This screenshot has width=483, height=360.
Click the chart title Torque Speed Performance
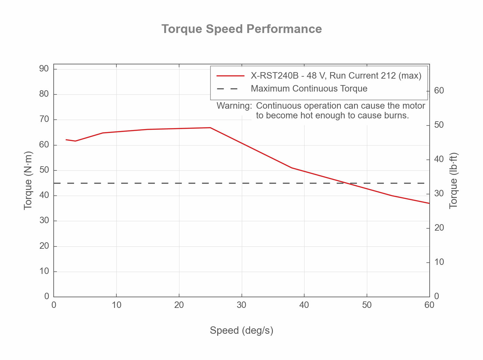click(x=242, y=29)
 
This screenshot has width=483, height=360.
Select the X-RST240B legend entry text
click(x=336, y=76)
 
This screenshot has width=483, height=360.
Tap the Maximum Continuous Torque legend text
click(x=309, y=89)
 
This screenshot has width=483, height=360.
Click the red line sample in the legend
click(x=231, y=76)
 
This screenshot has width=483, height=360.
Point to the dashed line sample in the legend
click(x=227, y=89)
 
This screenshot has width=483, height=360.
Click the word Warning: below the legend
click(x=234, y=106)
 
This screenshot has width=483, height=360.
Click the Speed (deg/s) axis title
click(x=241, y=331)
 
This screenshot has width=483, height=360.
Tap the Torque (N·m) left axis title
click(x=28, y=181)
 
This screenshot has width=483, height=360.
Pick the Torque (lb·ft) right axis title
click(x=454, y=181)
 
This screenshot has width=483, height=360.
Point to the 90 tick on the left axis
click(x=44, y=69)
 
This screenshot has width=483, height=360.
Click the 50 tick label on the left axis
click(x=44, y=170)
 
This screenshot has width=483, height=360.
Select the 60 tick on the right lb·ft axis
click(x=439, y=91)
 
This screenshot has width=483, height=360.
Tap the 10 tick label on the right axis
click(x=439, y=262)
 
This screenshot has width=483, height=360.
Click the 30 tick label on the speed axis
click(x=242, y=305)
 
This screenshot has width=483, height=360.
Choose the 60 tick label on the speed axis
click(x=429, y=305)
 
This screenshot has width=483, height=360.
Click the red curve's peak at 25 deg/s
click(x=210, y=128)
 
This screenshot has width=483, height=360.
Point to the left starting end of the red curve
click(x=66, y=140)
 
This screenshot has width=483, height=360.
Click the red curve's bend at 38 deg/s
click(x=292, y=168)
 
